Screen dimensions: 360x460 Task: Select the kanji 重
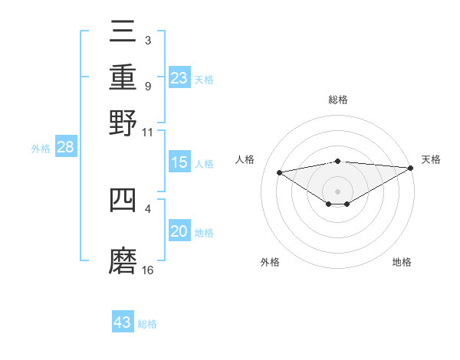pos(123,77)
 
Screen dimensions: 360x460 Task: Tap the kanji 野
pos(123,122)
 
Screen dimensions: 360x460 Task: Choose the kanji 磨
pos(123,260)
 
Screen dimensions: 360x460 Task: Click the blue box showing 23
pos(179,78)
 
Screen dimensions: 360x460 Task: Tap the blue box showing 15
pos(179,163)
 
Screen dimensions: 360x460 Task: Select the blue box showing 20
pos(179,232)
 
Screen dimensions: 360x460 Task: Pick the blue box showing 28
pos(65,148)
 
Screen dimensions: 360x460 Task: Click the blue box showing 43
pos(123,322)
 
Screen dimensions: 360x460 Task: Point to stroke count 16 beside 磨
pos(148,270)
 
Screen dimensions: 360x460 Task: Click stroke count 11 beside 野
pos(148,132)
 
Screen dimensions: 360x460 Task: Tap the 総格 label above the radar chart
pos(338,100)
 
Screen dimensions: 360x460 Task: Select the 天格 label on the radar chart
pos(431,159)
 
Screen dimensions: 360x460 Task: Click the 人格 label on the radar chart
pos(245,159)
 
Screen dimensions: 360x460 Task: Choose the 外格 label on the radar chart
pos(270,262)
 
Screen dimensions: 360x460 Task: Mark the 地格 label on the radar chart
pos(402,262)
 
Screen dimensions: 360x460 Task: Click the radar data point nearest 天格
pos(411,168)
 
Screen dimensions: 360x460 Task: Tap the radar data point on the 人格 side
pos(280,172)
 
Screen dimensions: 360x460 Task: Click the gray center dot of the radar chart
pos(338,191)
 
